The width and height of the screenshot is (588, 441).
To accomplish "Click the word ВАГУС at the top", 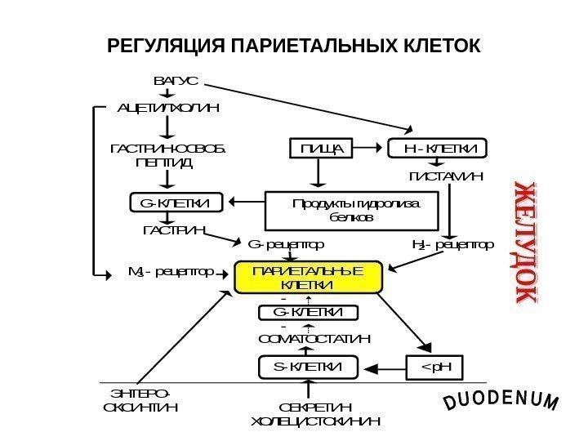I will click(176, 82).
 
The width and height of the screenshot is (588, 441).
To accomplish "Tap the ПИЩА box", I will click(320, 149).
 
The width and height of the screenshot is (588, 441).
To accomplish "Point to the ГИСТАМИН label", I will click(446, 176).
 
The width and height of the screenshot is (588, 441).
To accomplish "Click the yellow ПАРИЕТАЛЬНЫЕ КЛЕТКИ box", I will click(308, 278).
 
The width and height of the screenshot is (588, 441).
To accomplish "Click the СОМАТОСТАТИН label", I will click(314, 338).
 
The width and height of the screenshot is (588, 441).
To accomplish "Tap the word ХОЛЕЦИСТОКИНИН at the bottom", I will click(314, 421).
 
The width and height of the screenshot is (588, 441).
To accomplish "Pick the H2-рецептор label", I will click(452, 244).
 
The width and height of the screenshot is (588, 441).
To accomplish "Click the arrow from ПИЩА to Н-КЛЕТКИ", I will click(372, 149).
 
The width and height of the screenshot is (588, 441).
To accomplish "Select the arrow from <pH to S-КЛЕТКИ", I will click(383, 369).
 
